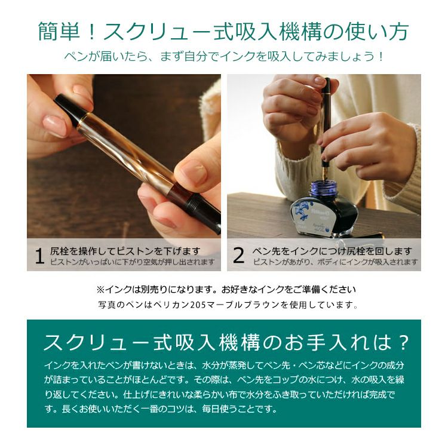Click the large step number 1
[39, 256]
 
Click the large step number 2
[239, 256]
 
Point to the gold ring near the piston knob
[81, 121]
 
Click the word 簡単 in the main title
[59, 32]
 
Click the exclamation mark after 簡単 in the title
[91, 32]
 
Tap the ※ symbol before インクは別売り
[100, 290]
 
